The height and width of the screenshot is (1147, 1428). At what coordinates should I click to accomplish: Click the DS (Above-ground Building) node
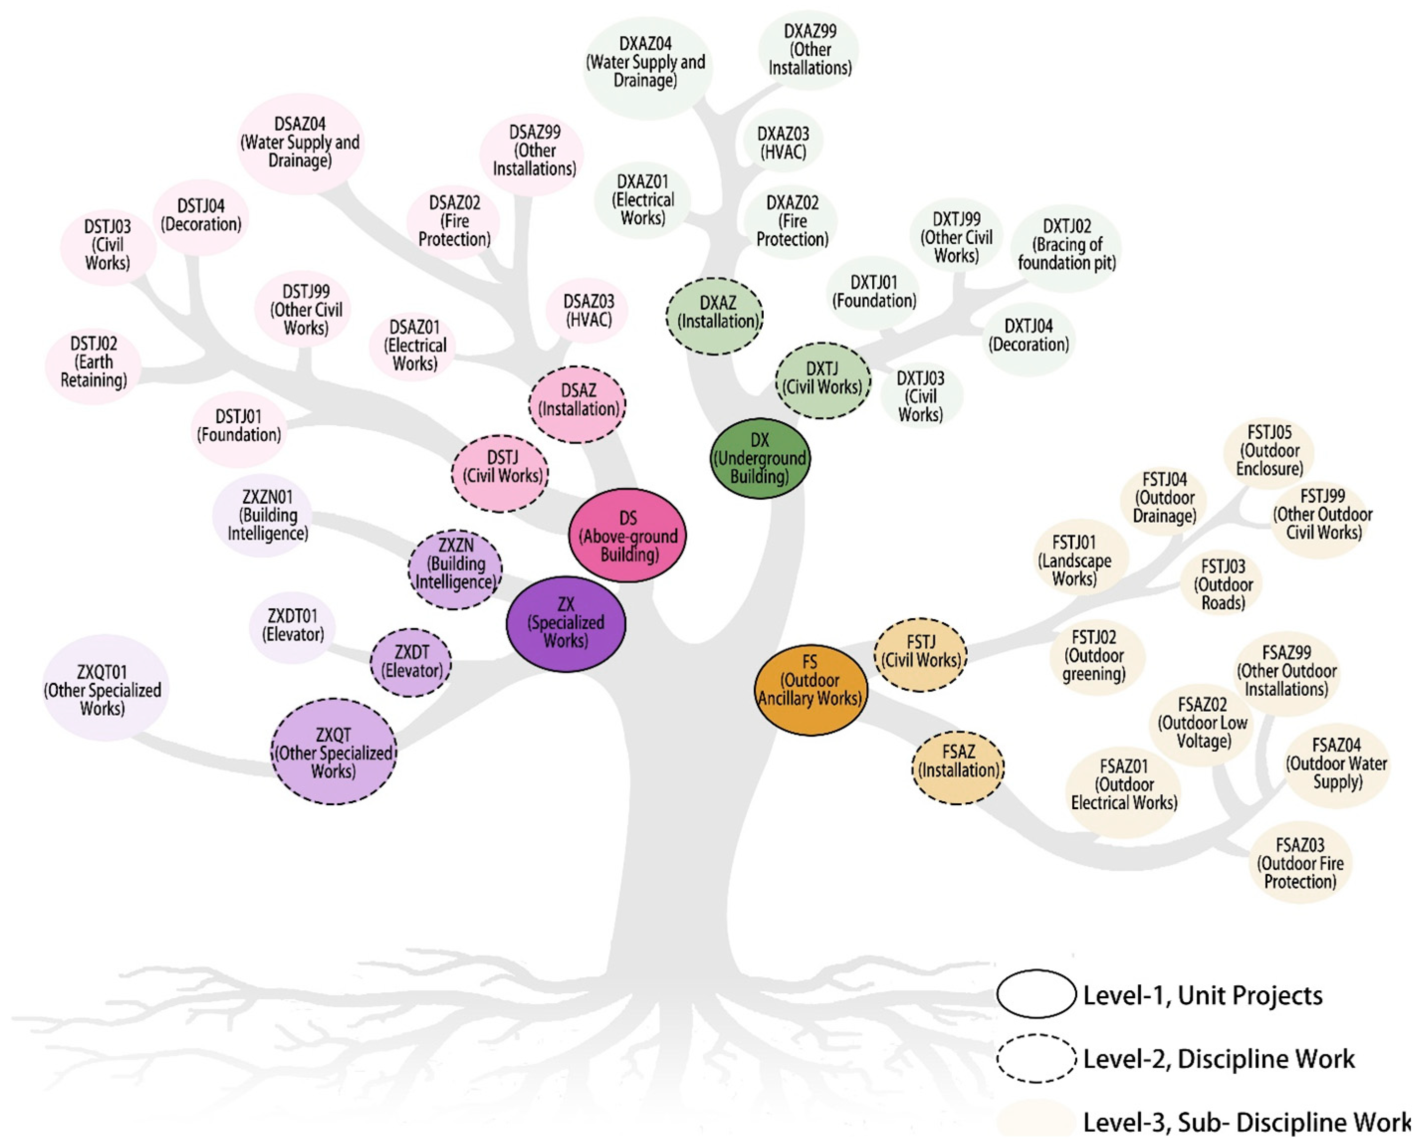[627, 536]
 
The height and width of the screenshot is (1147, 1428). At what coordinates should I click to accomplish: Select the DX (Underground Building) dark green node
[760, 458]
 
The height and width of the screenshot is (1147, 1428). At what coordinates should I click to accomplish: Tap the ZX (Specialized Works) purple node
[566, 623]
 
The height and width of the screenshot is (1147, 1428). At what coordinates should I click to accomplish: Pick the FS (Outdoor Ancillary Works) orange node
[810, 689]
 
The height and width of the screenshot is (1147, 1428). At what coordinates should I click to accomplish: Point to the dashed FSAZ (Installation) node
[958, 767]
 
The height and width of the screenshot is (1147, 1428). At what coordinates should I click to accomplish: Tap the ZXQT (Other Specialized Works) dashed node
[334, 752]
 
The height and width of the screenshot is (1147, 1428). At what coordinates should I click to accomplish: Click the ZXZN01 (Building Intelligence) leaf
[267, 515]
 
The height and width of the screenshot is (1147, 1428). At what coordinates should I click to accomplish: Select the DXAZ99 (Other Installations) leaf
[810, 50]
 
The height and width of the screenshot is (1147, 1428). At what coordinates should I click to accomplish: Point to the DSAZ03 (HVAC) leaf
[588, 310]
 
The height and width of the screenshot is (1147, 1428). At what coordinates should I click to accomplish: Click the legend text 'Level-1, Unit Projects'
[1202, 995]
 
